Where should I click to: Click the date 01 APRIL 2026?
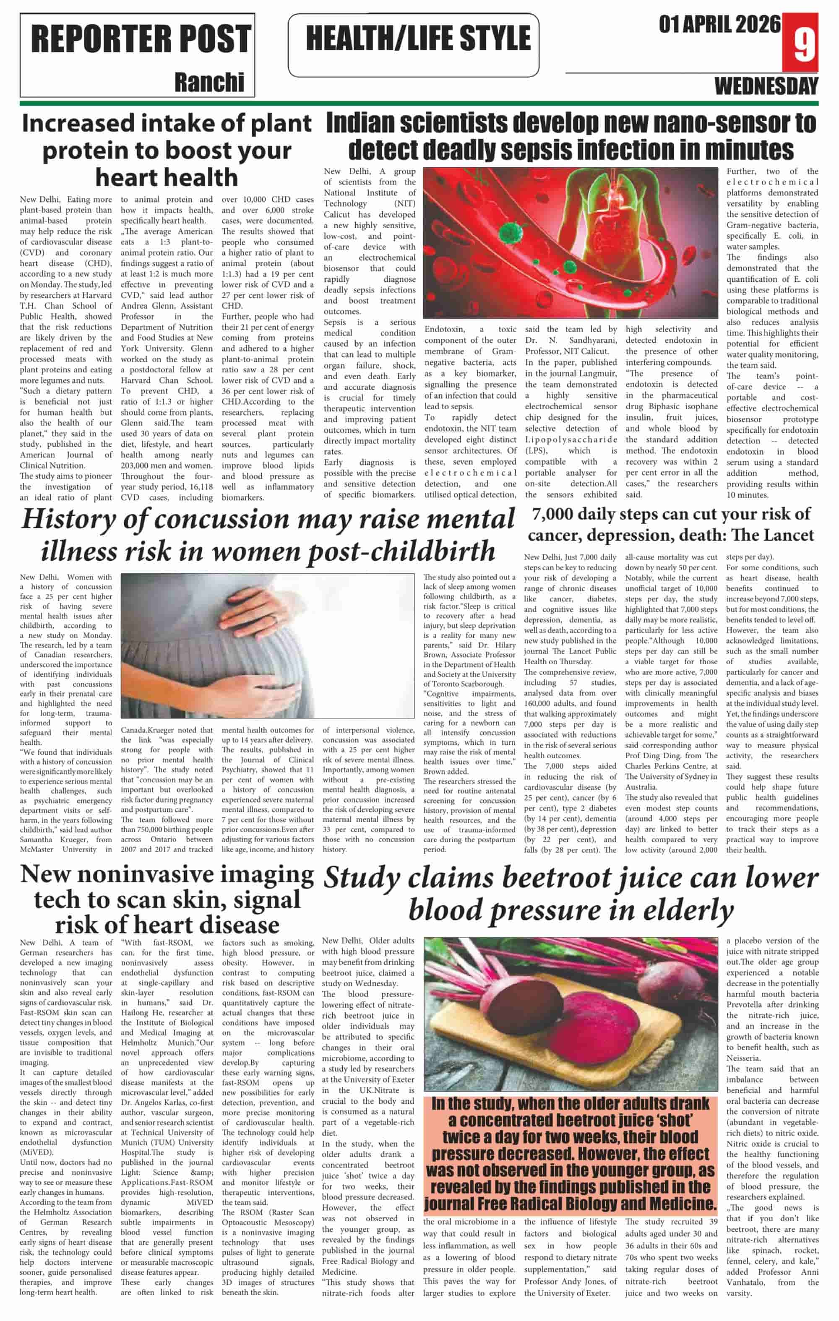click(x=719, y=25)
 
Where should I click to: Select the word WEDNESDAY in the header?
click(x=766, y=86)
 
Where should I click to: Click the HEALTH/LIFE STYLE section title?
click(x=418, y=39)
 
